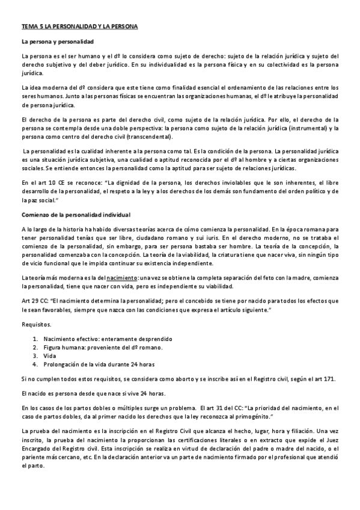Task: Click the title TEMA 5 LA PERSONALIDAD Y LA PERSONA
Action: [x=79, y=26]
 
